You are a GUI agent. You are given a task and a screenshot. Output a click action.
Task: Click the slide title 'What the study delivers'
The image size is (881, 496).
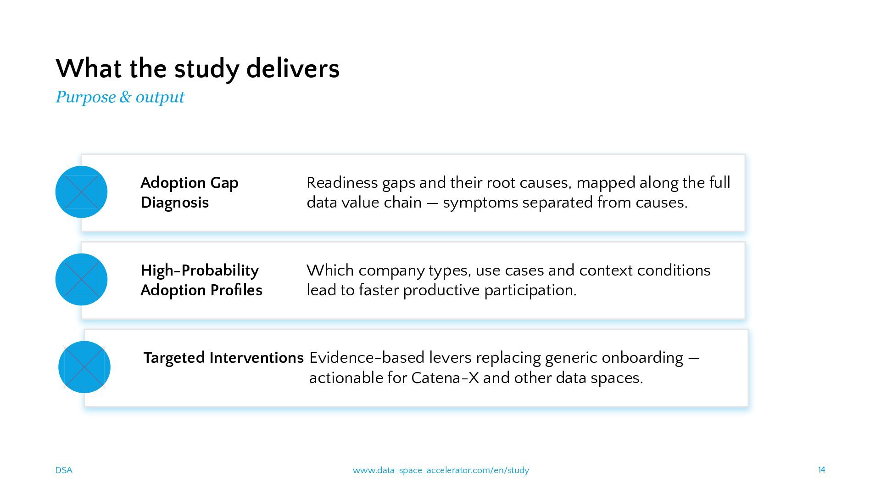pyautogui.click(x=197, y=69)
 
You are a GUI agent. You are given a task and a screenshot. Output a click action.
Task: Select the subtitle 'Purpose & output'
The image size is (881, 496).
pyautogui.click(x=120, y=97)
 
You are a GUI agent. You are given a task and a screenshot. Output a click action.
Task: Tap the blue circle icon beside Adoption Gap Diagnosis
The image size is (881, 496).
pyautogui.click(x=81, y=192)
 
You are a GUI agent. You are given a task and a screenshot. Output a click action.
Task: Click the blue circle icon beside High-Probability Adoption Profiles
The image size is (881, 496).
pyautogui.click(x=81, y=279)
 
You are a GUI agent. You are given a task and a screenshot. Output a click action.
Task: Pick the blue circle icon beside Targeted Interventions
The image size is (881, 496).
pyautogui.click(x=84, y=367)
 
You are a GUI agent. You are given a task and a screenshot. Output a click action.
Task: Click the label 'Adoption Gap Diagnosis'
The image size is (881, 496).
pyautogui.click(x=190, y=192)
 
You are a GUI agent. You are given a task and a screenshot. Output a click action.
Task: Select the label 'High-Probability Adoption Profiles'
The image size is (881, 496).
pyautogui.click(x=201, y=280)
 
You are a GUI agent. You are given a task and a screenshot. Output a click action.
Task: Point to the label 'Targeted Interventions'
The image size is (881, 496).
pyautogui.click(x=223, y=358)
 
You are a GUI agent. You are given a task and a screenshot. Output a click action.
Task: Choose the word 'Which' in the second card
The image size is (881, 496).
pyautogui.click(x=330, y=270)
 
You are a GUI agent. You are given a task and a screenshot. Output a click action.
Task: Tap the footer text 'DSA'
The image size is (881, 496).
pyautogui.click(x=64, y=470)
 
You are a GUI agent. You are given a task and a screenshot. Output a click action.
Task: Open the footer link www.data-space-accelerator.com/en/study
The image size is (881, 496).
pyautogui.click(x=440, y=470)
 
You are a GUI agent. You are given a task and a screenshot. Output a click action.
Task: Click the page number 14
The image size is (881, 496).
pyautogui.click(x=821, y=470)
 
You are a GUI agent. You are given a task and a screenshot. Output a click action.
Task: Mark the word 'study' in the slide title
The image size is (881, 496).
pyautogui.click(x=206, y=70)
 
